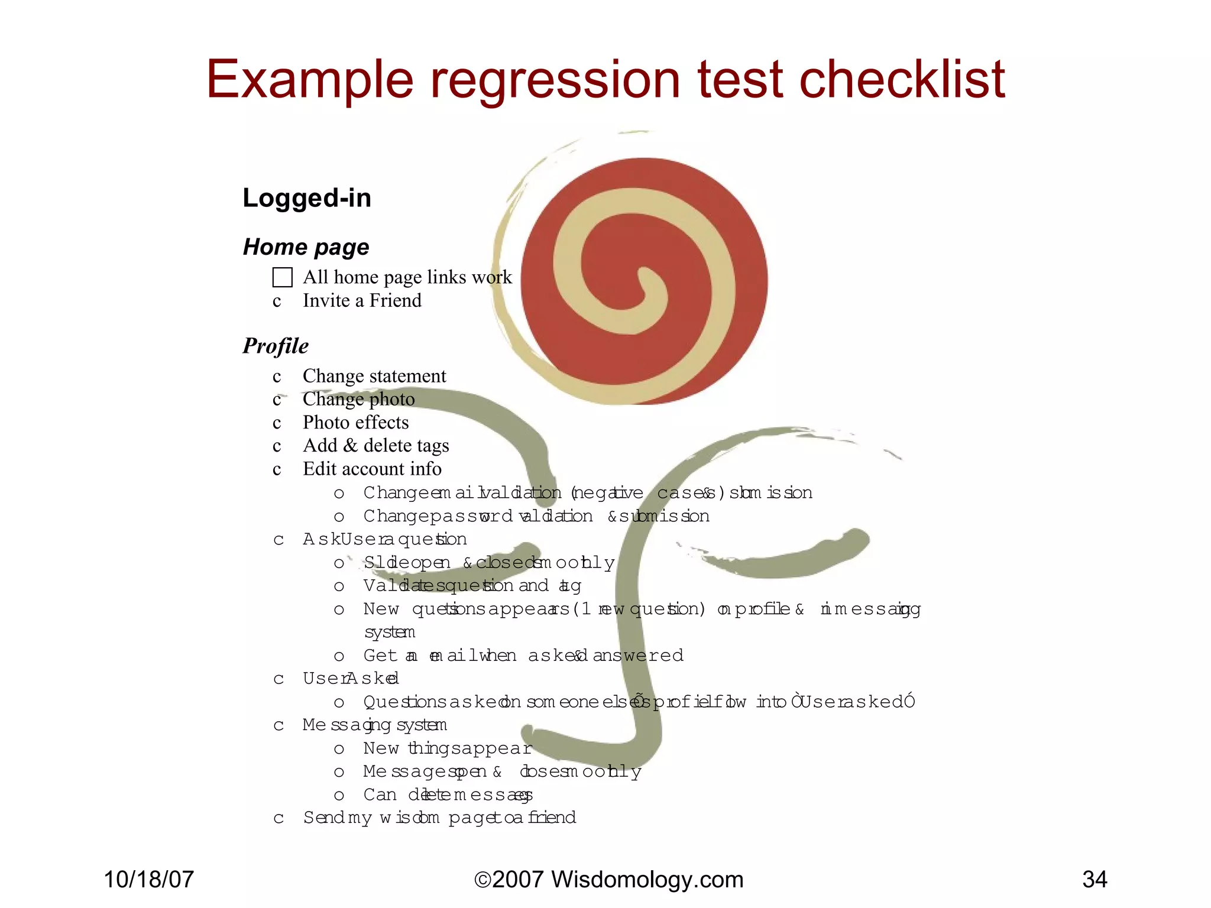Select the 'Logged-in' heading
point(307,198)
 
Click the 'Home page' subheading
point(306,247)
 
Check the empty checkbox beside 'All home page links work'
point(282,277)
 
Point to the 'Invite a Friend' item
point(362,301)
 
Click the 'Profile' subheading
point(276,346)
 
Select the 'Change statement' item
point(374,376)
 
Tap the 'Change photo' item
point(358,399)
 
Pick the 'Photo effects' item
point(355,423)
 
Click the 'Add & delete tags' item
point(375,446)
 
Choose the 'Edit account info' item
point(372,469)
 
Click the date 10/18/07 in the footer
point(148,880)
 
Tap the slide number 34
point(1095,880)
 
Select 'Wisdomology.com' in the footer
point(647,880)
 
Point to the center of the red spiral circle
point(643,281)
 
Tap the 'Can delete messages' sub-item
point(448,795)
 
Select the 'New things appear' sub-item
point(448,749)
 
